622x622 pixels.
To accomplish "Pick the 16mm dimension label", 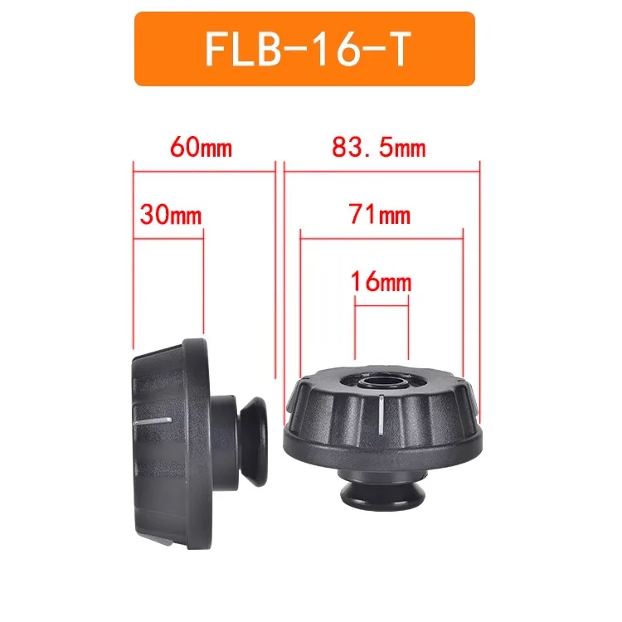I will click(x=381, y=282).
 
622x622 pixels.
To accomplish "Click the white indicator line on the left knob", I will click(x=152, y=421).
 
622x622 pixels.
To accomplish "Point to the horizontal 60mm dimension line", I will click(x=203, y=173).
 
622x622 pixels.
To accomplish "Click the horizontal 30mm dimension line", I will click(x=168, y=240).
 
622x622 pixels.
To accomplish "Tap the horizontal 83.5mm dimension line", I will click(x=382, y=173).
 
